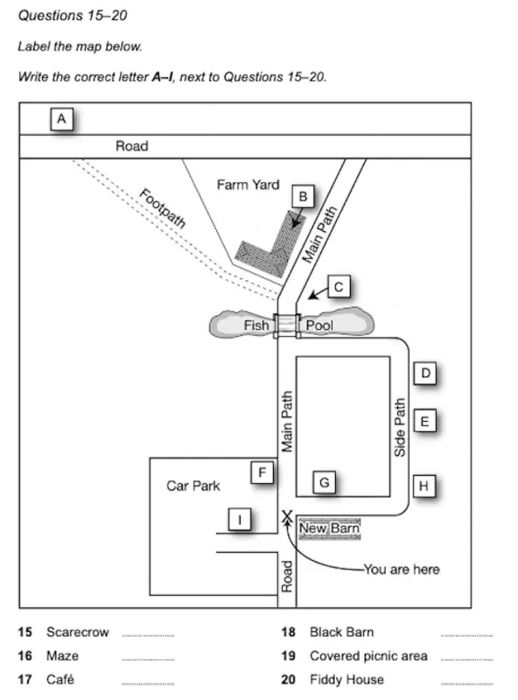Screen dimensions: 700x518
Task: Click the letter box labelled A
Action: click(x=62, y=118)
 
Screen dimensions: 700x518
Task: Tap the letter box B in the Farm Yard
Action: click(x=302, y=197)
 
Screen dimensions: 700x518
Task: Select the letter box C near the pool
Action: click(x=339, y=285)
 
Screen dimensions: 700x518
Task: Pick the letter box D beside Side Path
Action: click(x=424, y=374)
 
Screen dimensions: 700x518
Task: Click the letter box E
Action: click(x=424, y=422)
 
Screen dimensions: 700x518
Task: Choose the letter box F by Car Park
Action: click(x=262, y=473)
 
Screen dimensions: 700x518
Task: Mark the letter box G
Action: click(x=325, y=482)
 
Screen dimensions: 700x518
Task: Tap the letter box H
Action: click(x=424, y=485)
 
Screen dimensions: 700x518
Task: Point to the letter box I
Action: click(x=241, y=520)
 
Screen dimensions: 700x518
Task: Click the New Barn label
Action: click(x=329, y=528)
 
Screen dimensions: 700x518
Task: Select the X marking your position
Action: click(x=286, y=517)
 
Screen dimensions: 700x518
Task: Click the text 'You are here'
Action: click(x=402, y=570)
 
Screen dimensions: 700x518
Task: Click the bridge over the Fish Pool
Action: click(x=286, y=325)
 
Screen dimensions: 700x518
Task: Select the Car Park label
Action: click(x=193, y=486)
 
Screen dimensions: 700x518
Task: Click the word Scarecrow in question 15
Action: click(x=77, y=633)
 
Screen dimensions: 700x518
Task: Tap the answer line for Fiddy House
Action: click(x=466, y=680)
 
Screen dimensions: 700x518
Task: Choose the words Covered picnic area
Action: click(x=368, y=656)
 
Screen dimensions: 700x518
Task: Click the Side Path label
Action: click(x=400, y=428)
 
